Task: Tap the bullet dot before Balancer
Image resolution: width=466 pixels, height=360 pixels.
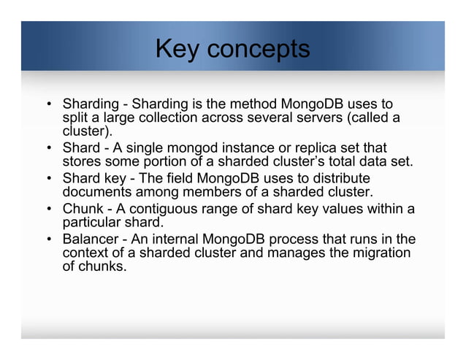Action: coord(47,240)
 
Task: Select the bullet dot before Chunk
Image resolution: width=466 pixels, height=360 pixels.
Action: coord(47,210)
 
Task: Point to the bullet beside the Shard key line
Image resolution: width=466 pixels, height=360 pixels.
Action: coord(47,179)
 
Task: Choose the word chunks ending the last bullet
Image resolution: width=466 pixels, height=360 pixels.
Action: coord(102,267)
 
